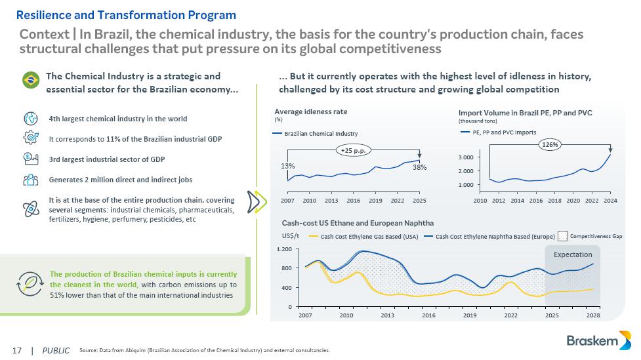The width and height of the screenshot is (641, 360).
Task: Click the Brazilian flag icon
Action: pos(30,81)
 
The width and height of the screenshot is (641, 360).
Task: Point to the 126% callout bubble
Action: pos(550,145)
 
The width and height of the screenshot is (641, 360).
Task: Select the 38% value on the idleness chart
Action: pos(419,167)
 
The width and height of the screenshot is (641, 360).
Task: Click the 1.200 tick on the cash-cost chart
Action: pos(284,250)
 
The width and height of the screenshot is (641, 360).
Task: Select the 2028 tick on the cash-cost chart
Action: pos(593,316)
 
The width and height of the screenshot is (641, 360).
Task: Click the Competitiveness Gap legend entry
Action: pos(590,235)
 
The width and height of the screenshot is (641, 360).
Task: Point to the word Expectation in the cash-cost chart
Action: pos(573,254)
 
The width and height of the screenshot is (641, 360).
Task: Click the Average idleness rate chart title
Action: pos(311,111)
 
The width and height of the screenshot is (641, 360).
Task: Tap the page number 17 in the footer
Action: pos(17,351)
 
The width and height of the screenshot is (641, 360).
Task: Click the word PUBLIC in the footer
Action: pos(56,351)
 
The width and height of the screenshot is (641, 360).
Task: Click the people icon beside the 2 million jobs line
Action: pos(30,180)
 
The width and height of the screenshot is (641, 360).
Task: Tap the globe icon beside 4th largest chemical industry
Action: pos(30,119)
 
